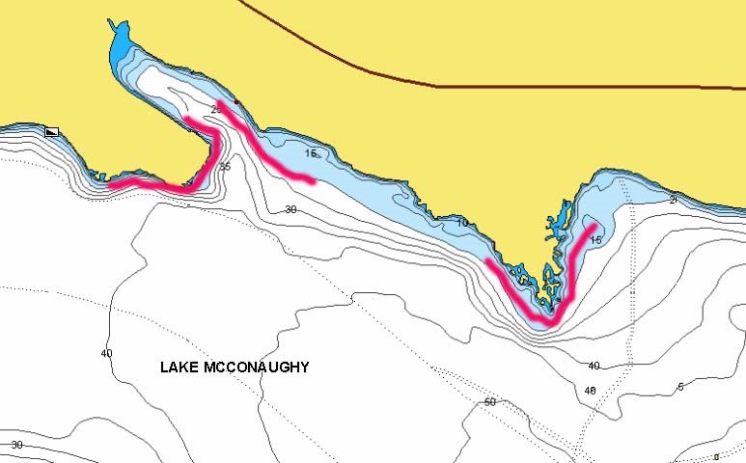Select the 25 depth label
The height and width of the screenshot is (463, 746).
(x=216, y=109)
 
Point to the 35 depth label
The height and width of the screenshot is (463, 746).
(x=225, y=167)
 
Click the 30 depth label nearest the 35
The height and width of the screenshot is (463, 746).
(x=290, y=209)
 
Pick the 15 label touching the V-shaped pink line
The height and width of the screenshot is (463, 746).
(x=595, y=239)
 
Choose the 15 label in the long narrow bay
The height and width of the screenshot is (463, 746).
(x=310, y=153)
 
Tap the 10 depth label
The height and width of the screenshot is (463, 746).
(x=462, y=223)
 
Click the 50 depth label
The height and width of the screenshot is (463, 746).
(x=489, y=401)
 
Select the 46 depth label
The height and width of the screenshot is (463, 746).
(x=590, y=391)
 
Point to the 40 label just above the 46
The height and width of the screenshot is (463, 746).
(x=594, y=366)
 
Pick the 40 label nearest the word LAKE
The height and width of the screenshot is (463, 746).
(x=106, y=353)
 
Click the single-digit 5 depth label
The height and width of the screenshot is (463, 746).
(x=680, y=387)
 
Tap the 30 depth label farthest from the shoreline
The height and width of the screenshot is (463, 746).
(x=16, y=445)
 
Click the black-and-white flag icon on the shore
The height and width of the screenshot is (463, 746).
(x=52, y=131)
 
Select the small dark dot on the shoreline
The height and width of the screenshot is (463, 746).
(x=236, y=102)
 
